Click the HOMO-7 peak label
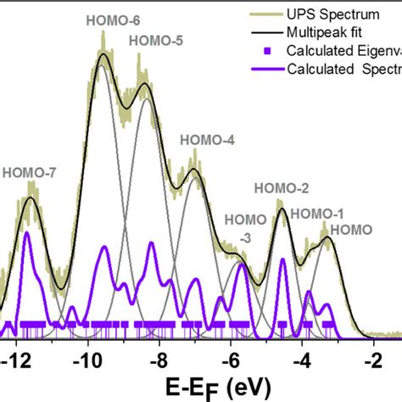coord(29,172)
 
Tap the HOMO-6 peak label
coord(103,18)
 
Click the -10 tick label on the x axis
coord(87,360)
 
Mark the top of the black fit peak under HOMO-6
coord(103,54)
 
